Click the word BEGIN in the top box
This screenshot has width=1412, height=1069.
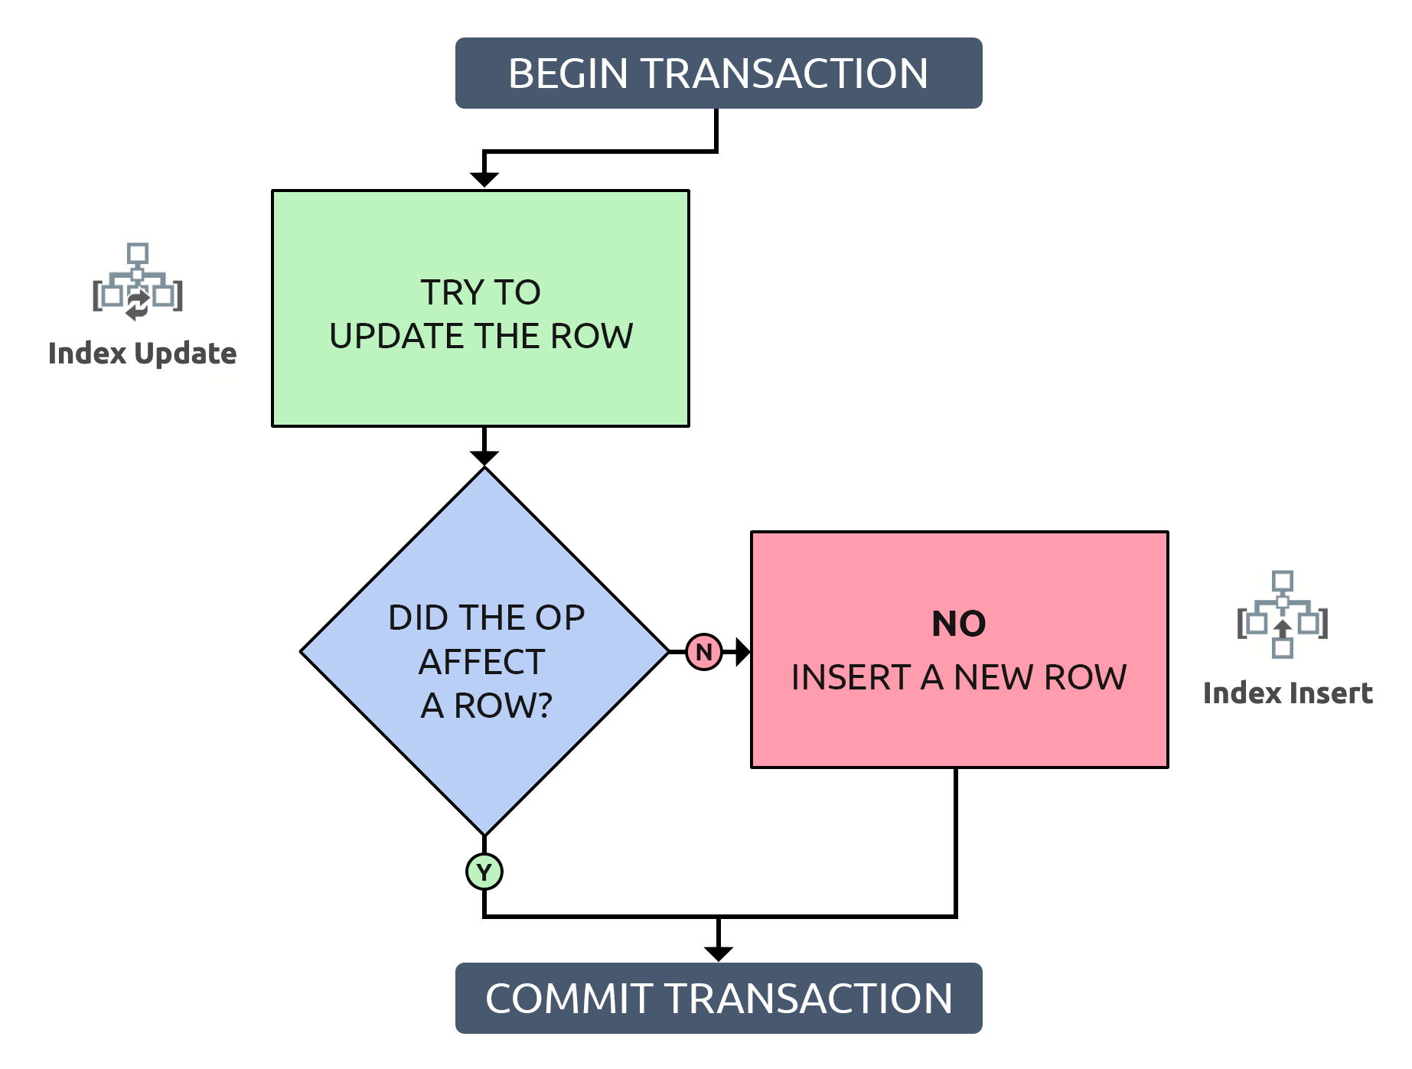(568, 73)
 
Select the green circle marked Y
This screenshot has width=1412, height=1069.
(484, 872)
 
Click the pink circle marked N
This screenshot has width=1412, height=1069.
(704, 652)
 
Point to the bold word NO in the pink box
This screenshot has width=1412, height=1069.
(958, 624)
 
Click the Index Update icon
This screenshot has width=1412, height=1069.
(138, 282)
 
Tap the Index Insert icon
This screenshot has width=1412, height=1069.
(1283, 614)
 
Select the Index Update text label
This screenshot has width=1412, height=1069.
(142, 354)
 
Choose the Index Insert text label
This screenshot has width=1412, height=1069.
(1287, 693)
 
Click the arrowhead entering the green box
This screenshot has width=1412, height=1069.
(484, 180)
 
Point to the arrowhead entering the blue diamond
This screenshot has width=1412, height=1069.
(484, 458)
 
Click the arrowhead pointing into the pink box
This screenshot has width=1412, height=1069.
(742, 652)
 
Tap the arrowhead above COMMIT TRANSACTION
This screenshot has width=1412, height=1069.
(718, 953)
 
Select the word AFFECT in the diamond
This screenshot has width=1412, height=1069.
(482, 662)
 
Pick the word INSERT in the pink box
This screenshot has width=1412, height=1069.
(850, 678)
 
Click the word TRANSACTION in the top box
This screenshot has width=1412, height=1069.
(784, 73)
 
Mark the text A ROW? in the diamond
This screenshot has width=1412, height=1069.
(486, 706)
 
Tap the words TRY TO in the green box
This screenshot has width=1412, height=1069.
(481, 292)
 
